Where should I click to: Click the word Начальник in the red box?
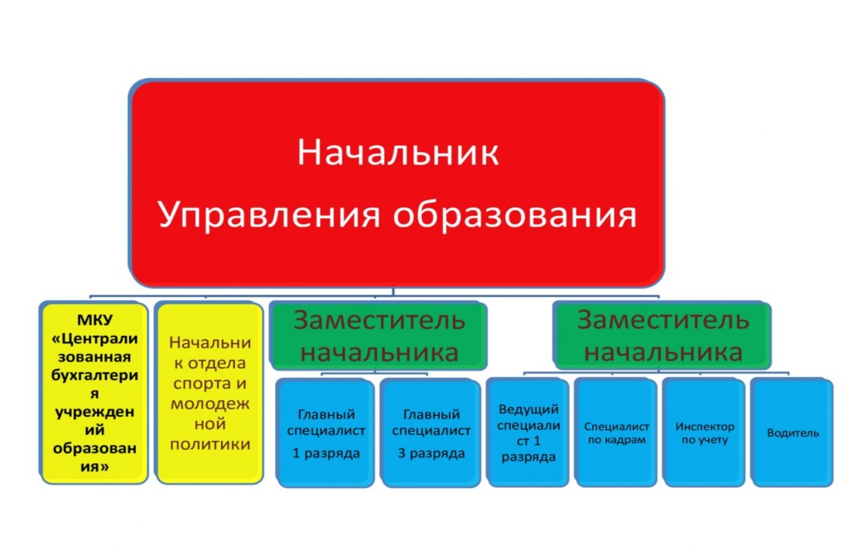(398, 152)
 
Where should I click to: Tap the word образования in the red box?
(514, 215)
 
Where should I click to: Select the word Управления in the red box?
(269, 216)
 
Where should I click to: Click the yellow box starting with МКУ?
(94, 392)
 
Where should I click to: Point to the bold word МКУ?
(94, 319)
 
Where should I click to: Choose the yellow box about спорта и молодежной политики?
(210, 392)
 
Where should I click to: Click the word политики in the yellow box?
(210, 444)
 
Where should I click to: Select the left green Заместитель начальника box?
(378, 335)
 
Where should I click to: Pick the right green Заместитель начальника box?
(662, 335)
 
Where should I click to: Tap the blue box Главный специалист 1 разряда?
(325, 433)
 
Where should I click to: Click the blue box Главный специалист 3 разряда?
(431, 433)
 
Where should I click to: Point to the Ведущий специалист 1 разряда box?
(528, 433)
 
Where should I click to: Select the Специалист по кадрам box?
(616, 433)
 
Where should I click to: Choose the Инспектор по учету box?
(704, 433)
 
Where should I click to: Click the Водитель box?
(792, 433)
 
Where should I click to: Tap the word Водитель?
(793, 433)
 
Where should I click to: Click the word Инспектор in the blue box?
(705, 427)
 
